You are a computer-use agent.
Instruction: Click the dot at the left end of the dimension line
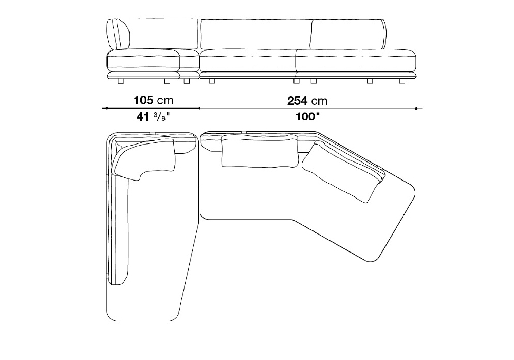coord(107,108)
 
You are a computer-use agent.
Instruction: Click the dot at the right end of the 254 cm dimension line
coord(416,108)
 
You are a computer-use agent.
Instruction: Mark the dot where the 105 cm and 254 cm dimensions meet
coord(199,108)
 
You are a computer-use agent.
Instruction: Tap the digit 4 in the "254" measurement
coord(304,101)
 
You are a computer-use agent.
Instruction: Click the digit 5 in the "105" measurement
coord(149,100)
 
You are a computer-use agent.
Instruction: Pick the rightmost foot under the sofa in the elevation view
coord(402,81)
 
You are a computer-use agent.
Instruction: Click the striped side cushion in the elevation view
coord(119,34)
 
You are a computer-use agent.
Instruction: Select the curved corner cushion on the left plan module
coord(142,159)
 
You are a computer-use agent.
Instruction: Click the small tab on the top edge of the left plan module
coord(153,133)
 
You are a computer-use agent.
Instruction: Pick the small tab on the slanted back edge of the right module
coord(380,168)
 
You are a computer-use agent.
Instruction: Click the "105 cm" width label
coord(153,100)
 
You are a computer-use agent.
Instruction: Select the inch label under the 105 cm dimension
coord(153,117)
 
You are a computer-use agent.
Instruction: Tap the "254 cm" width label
coord(307,101)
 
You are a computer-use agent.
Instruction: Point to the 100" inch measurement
coord(307,117)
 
